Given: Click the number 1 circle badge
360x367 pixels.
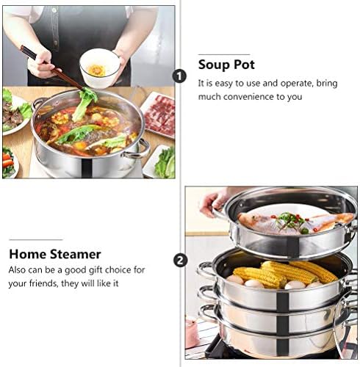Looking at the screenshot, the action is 179,76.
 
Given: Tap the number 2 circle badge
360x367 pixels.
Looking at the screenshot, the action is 181,261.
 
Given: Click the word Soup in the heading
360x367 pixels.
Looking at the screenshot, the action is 213,65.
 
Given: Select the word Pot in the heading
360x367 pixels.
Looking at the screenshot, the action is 244,65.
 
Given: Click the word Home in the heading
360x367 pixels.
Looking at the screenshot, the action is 27,254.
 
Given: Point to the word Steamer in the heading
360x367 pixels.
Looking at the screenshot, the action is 75,254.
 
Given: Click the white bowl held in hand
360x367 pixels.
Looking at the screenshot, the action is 100,68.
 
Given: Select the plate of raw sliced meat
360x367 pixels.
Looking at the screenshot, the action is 159,115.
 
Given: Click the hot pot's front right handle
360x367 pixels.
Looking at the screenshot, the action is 137,149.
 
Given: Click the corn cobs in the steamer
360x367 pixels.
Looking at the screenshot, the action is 285,273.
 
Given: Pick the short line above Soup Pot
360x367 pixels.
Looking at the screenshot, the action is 224,54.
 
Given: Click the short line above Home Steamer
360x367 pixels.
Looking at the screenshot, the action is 36,240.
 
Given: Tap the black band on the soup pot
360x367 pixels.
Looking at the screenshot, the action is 87,168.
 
